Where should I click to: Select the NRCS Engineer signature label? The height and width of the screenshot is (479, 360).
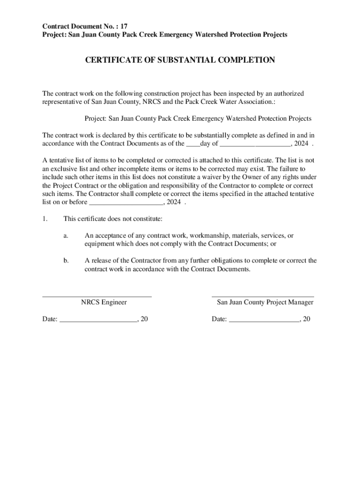104,302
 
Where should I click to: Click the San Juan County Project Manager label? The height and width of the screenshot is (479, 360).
265,302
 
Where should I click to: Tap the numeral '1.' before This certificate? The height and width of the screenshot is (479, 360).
45,219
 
